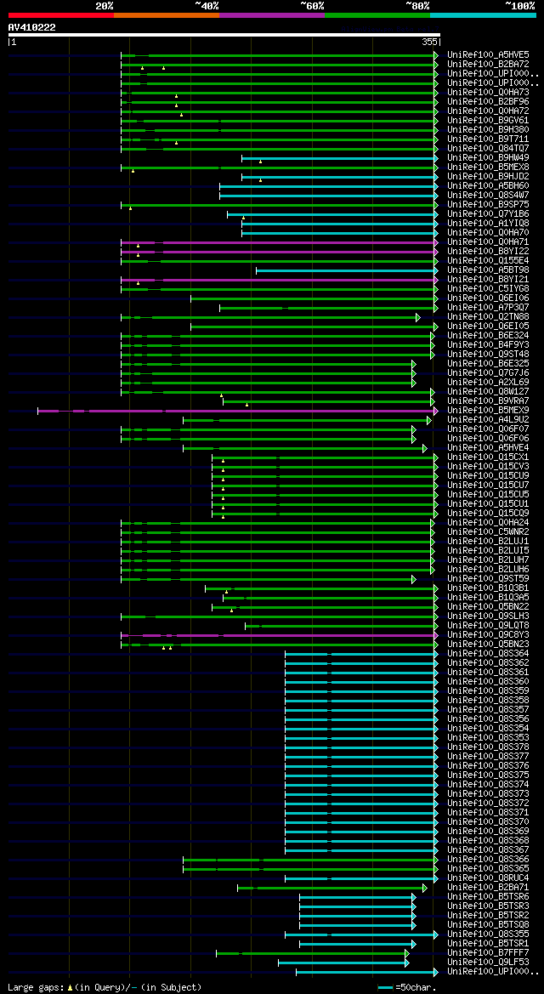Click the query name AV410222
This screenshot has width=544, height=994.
32,27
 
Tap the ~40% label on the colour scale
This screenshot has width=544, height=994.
206,5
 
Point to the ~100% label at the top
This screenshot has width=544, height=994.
519,5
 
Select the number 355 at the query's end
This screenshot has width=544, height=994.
429,42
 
